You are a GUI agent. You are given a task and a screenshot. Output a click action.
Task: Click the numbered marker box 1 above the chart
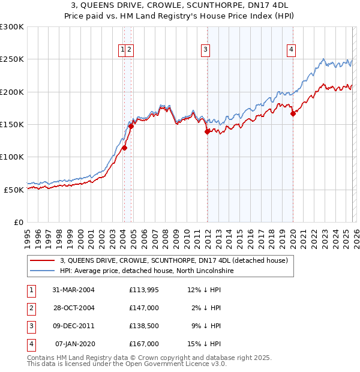(x=122, y=50)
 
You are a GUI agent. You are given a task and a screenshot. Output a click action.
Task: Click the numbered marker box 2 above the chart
(x=130, y=50)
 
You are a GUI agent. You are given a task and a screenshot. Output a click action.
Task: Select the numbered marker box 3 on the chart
(x=205, y=50)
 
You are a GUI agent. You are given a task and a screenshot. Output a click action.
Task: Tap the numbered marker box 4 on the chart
(x=291, y=50)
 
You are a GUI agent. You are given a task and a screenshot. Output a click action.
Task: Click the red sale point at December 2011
(x=207, y=132)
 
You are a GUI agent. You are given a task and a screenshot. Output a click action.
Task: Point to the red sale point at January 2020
(x=293, y=113)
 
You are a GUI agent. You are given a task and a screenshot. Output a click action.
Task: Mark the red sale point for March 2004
(x=125, y=148)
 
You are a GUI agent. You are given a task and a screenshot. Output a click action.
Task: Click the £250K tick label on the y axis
(x=12, y=59)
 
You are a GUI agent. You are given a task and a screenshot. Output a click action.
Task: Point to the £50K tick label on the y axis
(x=14, y=190)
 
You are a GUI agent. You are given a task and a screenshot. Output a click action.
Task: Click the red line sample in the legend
(x=42, y=260)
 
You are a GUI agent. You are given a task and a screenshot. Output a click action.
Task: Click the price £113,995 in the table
(x=144, y=290)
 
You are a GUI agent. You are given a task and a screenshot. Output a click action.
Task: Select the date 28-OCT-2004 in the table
(x=73, y=308)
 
